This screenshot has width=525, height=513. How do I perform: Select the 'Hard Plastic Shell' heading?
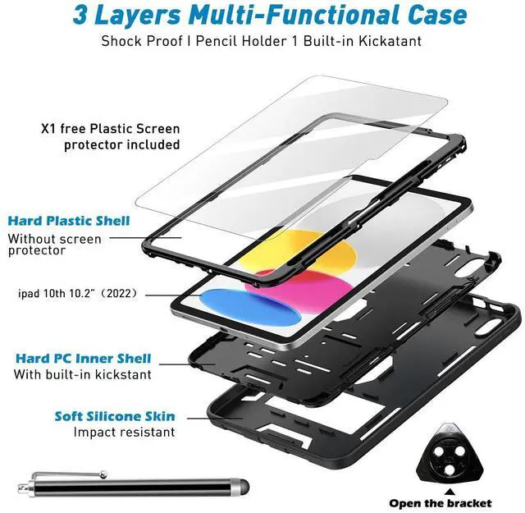coord(69,220)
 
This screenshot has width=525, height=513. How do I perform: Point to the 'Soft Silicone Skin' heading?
coord(114,415)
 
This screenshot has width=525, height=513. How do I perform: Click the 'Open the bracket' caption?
coord(452,502)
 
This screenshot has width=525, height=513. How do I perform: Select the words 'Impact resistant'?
coord(124,432)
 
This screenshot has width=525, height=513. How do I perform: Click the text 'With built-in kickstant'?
coord(82,374)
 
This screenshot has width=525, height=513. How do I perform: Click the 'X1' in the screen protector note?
coord(50,129)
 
